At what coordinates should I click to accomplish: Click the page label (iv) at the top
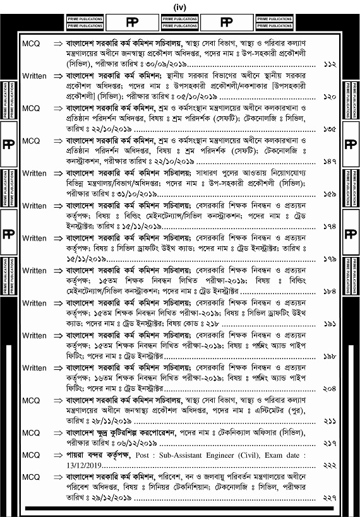point(179,6)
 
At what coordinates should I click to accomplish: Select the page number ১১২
point(328,65)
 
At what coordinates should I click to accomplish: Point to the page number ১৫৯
point(328,194)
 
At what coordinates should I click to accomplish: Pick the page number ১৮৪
point(328,292)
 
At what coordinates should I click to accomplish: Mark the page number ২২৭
point(328,497)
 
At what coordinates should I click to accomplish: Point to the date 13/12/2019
point(76,465)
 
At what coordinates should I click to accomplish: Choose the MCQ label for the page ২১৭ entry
point(31,432)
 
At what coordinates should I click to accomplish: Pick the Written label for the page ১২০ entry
point(34,76)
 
